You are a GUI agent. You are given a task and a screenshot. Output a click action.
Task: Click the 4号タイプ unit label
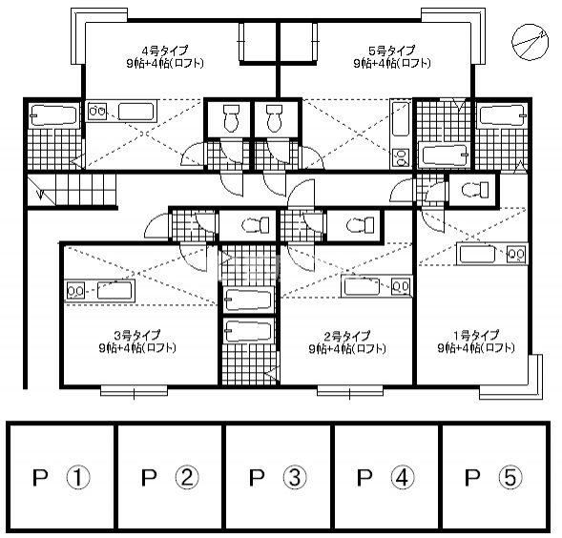[165, 50]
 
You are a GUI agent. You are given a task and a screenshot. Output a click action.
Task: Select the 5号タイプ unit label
[391, 50]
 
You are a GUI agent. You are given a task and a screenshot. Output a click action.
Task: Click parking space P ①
[62, 476]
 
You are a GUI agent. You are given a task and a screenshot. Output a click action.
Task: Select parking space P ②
[170, 476]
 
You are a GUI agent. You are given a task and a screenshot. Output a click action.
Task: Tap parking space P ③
[278, 476]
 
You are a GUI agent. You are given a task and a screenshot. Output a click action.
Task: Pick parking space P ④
[385, 476]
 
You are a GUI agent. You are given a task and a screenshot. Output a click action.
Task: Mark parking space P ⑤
[493, 476]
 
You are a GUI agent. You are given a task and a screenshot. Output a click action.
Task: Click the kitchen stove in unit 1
[515, 254]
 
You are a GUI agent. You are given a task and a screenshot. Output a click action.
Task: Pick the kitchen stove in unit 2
[401, 286]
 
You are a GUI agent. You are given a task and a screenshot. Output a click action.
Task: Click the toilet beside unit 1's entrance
[473, 190]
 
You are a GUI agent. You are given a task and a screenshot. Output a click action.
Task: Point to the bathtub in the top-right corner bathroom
[497, 117]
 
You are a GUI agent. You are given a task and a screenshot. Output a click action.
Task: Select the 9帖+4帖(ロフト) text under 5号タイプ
[391, 63]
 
